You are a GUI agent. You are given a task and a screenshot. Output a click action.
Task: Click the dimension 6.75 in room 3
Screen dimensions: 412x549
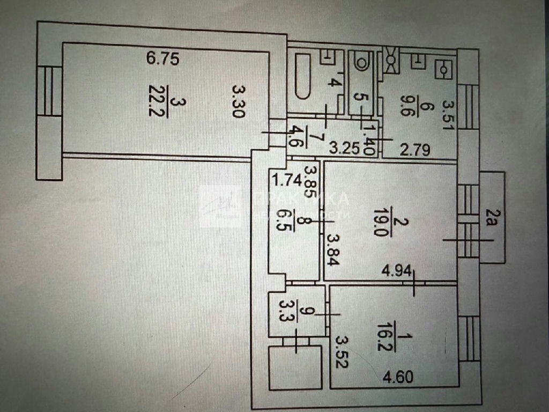tap(162, 58)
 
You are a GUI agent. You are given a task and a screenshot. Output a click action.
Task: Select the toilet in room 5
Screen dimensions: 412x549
tap(362, 60)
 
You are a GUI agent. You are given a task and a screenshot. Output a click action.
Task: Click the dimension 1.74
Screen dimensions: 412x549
tap(284, 179)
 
